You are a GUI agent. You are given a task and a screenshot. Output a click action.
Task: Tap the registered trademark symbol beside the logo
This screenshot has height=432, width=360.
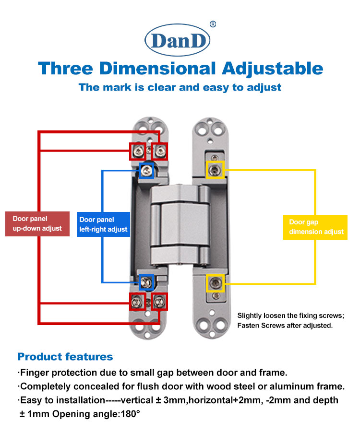[213, 24]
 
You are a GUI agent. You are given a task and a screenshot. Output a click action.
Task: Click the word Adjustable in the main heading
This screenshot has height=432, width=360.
[272, 68]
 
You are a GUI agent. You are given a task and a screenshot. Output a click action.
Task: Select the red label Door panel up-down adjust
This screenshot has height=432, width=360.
[37, 223]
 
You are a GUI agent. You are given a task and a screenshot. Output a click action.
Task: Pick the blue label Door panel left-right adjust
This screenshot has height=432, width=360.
[103, 224]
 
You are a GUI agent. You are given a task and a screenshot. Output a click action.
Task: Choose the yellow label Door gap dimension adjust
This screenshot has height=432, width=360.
[316, 227]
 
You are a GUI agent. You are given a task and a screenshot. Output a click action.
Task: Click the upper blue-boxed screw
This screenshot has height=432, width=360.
[146, 170]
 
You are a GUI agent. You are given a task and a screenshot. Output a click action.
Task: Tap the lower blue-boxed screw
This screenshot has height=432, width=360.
[146, 282]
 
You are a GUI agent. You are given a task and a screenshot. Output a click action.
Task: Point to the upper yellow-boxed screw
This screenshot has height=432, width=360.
[215, 170]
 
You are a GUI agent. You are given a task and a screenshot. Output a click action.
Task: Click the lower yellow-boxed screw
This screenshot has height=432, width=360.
[215, 283]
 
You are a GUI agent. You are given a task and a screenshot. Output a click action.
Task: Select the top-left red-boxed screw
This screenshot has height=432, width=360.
[137, 152]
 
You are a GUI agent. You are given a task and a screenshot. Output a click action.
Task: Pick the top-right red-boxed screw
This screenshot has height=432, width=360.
[160, 151]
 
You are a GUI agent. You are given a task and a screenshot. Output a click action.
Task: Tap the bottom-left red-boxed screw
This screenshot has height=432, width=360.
[137, 301]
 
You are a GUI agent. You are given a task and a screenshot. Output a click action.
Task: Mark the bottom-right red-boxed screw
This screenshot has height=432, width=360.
[159, 301]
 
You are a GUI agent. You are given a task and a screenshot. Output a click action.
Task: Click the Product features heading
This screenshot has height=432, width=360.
[65, 357]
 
